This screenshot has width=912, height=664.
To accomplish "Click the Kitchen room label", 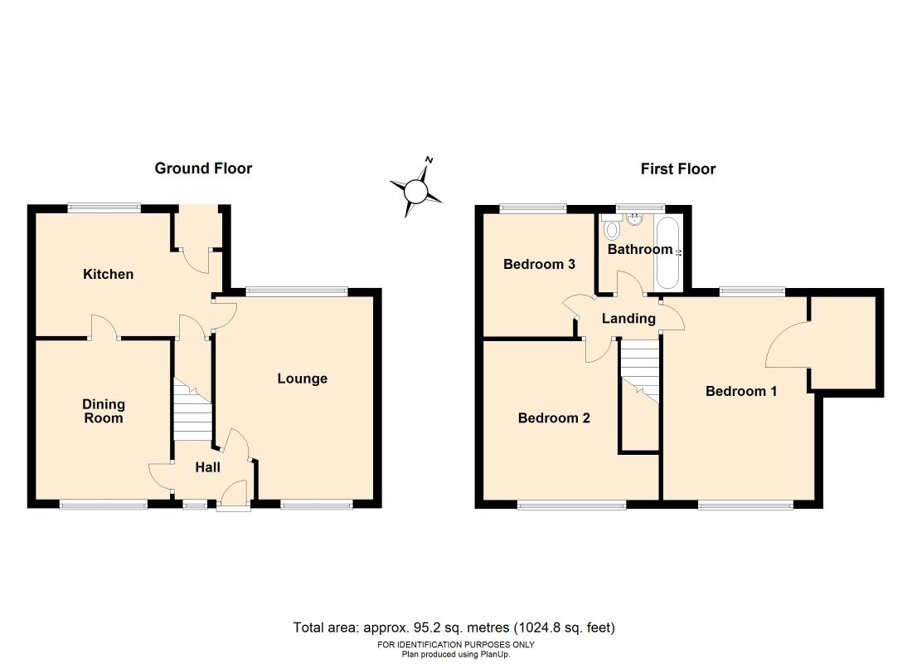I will point(108,274).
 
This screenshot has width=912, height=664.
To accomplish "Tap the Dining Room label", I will point(104,411).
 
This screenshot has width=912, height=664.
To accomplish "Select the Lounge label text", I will point(302,378).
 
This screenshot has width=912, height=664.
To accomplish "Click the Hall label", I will point(207,468).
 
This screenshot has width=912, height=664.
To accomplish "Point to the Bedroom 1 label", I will point(740,391).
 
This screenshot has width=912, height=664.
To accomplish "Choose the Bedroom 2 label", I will point(554,417).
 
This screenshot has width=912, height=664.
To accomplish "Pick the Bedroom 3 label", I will point(539,265).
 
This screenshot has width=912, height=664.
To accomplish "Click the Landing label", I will point(628,319).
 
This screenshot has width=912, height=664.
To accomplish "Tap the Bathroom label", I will point(639,249).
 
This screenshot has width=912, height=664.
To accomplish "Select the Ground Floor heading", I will point(203,168).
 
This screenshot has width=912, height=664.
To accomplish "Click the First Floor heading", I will point(677,169).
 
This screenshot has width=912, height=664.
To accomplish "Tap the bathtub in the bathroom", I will point(667,252).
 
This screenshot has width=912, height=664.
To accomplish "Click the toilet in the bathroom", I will point(612,228).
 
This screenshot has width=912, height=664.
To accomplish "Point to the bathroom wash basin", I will point(635,220).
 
